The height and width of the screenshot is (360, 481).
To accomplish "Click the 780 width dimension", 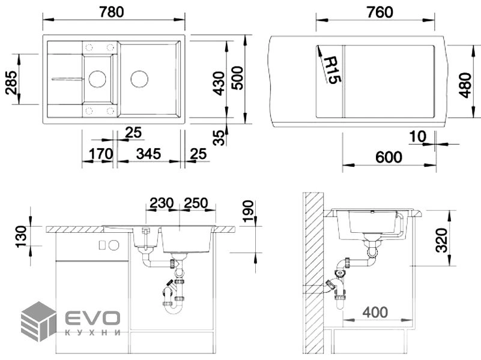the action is [x=112, y=12].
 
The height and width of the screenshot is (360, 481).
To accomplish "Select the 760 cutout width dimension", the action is [x=380, y=12].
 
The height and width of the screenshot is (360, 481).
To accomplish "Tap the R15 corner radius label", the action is [x=331, y=70].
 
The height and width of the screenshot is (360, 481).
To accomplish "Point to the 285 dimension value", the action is [x=11, y=83].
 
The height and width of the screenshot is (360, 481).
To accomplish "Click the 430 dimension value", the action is [x=219, y=83].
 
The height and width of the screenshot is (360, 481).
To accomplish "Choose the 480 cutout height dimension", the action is [x=465, y=85].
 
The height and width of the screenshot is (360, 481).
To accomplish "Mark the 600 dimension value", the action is [x=389, y=157].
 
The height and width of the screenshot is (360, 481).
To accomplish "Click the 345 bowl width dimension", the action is [x=148, y=154].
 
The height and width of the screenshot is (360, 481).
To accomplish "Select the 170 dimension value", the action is [x=101, y=154].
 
